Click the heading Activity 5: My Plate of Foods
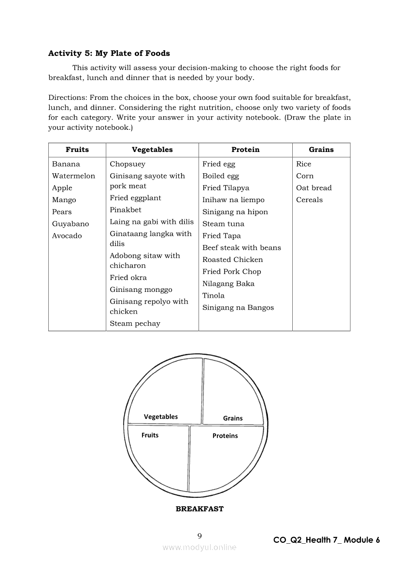109,54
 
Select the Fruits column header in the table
77,150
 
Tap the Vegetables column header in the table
152,150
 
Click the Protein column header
245,150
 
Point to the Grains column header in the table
321,150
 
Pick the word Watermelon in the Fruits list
73,176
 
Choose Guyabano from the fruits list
71,224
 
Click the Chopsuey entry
128,164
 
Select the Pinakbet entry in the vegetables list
126,210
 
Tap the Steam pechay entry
135,324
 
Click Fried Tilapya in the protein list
226,188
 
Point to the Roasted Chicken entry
232,260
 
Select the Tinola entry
214,296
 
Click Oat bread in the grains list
314,188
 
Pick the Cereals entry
309,200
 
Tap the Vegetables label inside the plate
161,417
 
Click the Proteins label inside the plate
225,436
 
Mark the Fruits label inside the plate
150,435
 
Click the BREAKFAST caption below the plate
199,509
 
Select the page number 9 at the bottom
199,536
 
